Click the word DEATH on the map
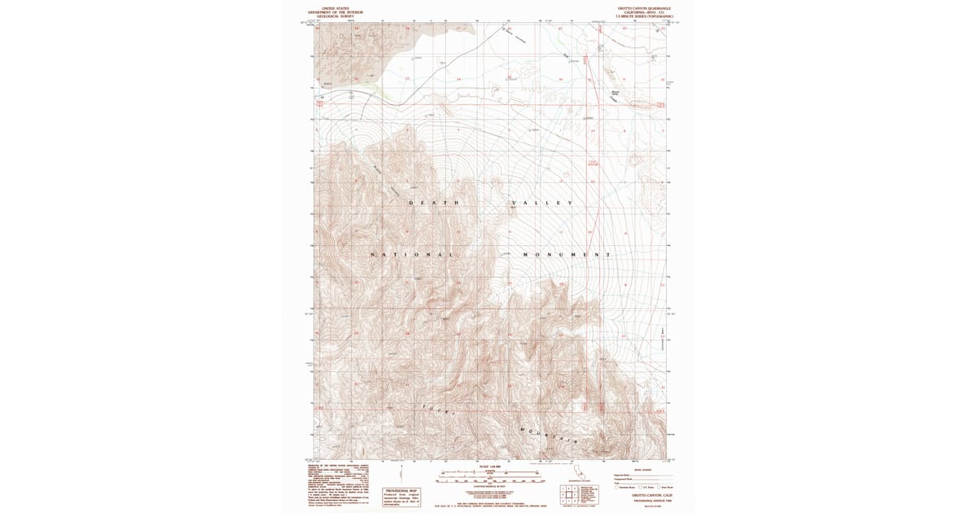click(435, 203)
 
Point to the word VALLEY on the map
click(542, 203)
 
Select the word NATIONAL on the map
click(412, 255)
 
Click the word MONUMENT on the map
click(567, 255)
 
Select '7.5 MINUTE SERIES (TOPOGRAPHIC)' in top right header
click(639, 17)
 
